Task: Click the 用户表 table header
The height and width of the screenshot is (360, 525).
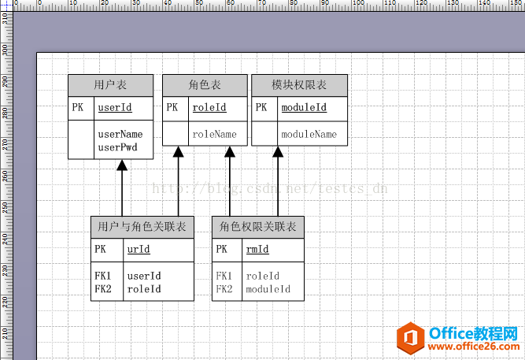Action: [x=110, y=85]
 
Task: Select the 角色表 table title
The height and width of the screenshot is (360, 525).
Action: [x=205, y=85]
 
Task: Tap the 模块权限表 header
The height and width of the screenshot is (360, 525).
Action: [x=299, y=85]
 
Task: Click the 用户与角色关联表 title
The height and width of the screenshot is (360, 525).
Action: [x=142, y=227]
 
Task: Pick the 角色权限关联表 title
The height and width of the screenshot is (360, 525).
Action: [x=258, y=227]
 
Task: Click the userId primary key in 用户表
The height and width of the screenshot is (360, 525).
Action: [x=114, y=107]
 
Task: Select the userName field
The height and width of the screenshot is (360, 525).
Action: [x=120, y=135]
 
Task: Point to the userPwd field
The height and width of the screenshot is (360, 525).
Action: [x=117, y=147]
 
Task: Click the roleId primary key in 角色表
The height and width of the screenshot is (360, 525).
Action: [x=209, y=107]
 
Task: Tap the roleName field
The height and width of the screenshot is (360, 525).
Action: [x=214, y=135]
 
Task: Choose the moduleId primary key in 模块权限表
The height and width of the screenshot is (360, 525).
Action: [x=304, y=107]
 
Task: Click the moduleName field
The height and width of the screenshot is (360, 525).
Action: [x=309, y=135]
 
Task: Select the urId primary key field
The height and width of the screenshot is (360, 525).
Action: [x=139, y=250]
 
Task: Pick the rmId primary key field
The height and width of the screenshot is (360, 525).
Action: [x=257, y=250]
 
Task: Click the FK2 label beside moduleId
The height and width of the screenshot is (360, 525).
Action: [x=224, y=289]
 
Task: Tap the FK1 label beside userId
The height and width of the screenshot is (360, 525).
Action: [x=103, y=276]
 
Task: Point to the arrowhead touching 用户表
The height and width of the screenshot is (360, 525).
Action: [x=122, y=165]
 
